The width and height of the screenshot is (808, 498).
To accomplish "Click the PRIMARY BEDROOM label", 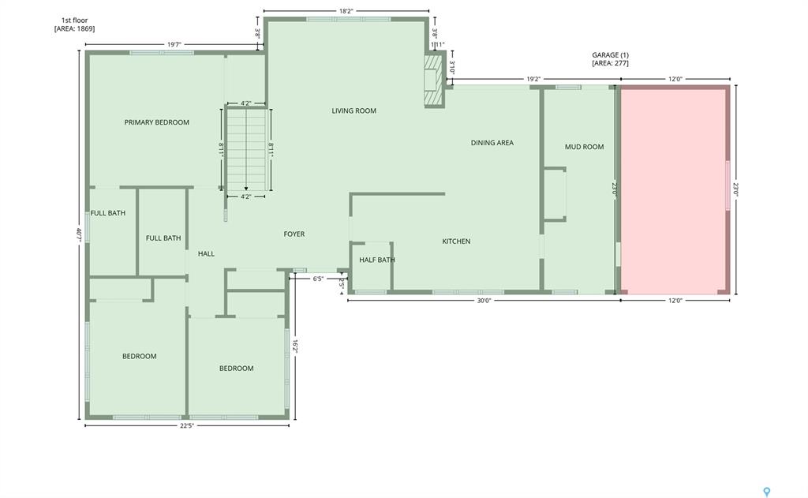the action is [157, 122].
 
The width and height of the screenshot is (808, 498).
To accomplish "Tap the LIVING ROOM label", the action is [354, 110].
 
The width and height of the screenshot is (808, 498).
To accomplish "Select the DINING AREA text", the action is [492, 143].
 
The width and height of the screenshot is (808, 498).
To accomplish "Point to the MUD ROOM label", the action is [585, 147].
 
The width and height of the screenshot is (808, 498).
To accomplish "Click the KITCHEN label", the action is [456, 241].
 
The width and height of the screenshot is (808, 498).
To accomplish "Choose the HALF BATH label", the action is [377, 260].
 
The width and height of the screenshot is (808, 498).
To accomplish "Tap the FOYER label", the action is [294, 234].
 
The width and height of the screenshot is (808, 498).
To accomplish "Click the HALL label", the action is [206, 253].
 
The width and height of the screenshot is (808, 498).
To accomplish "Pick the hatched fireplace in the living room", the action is [434, 81].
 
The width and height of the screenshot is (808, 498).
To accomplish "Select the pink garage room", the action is [675, 189].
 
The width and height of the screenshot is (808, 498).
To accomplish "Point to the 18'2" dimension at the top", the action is [346, 11].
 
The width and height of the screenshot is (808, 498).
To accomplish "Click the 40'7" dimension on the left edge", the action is [79, 234].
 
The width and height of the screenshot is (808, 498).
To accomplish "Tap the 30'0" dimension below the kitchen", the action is [484, 301].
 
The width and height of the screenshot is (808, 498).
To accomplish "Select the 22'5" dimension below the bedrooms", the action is [187, 426].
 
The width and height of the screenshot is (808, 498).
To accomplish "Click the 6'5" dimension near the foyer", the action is [318, 279].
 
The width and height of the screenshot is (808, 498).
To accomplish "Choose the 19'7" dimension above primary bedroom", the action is [174, 44].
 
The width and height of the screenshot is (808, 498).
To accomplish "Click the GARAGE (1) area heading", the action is [610, 58].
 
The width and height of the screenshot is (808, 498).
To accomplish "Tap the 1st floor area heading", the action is [74, 24].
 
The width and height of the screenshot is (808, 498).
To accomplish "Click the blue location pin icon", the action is [767, 492].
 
